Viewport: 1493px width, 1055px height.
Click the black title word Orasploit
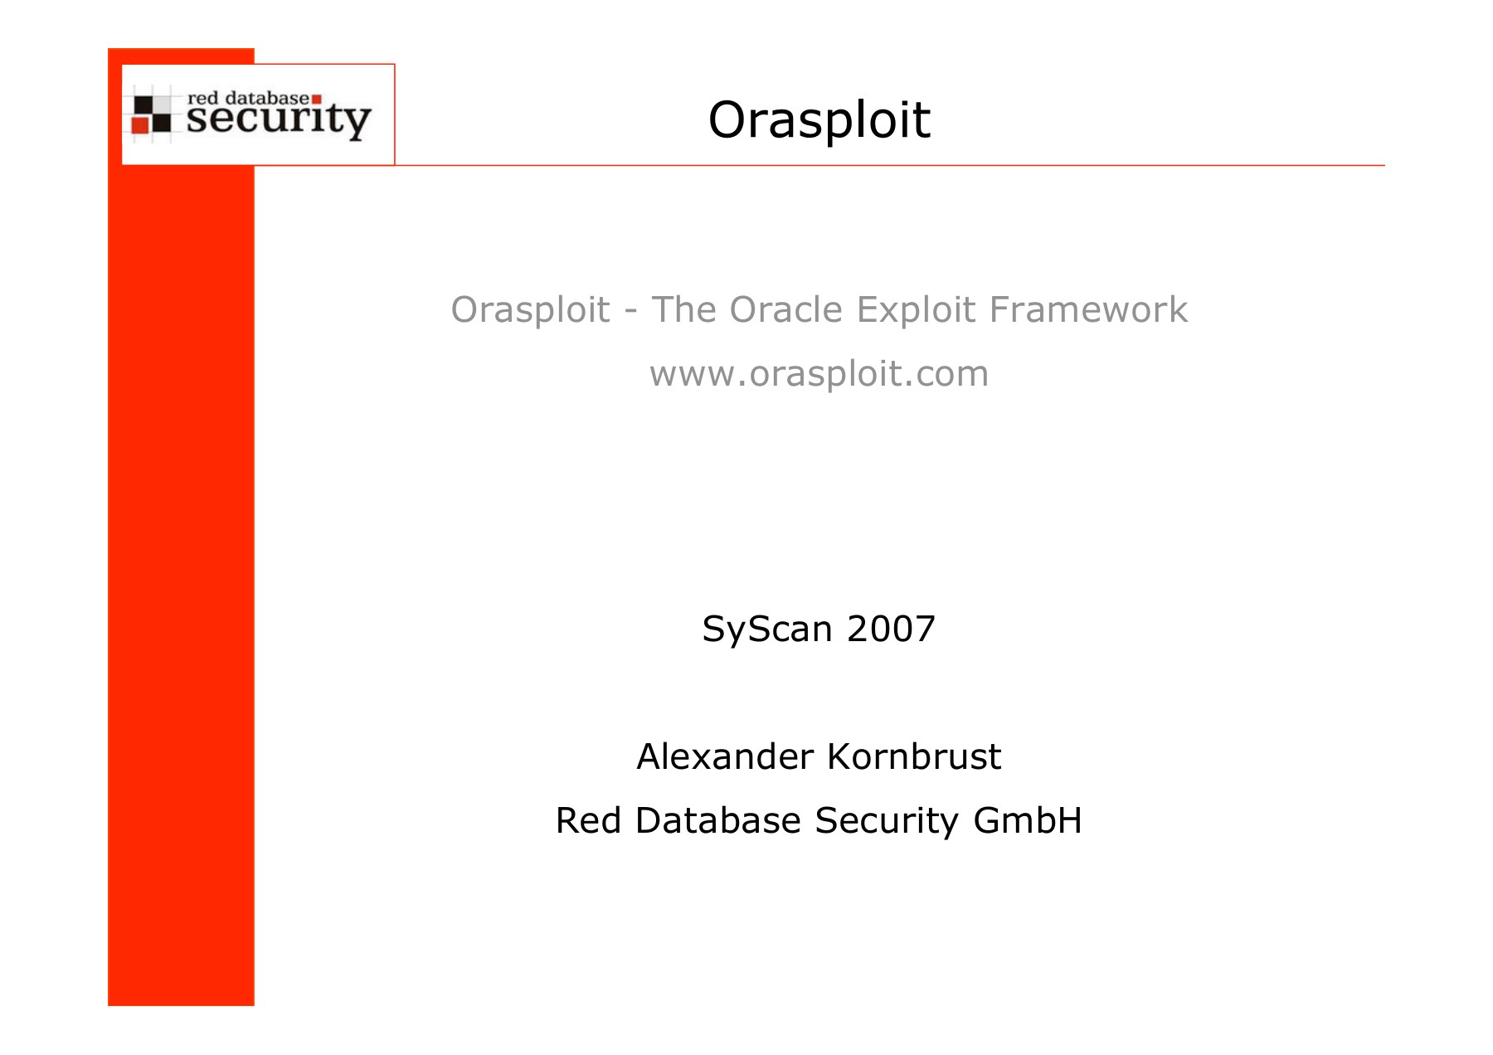819,120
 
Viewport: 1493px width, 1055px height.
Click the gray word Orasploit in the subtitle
531,311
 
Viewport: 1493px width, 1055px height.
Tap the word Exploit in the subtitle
916,311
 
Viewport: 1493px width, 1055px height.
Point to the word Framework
1088,309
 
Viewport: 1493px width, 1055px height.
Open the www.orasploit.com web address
819,375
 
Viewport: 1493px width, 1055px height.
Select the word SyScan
767,630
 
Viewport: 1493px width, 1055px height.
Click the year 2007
891,629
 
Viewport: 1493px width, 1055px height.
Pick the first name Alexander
725,756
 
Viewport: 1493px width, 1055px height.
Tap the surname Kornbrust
915,756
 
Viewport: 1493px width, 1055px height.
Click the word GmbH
1028,820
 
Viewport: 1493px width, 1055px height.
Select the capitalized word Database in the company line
718,820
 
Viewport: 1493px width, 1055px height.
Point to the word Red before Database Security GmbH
589,820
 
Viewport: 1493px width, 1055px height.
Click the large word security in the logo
279,120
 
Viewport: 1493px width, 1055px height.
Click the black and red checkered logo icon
152,114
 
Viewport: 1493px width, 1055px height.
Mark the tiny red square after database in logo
316,100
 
